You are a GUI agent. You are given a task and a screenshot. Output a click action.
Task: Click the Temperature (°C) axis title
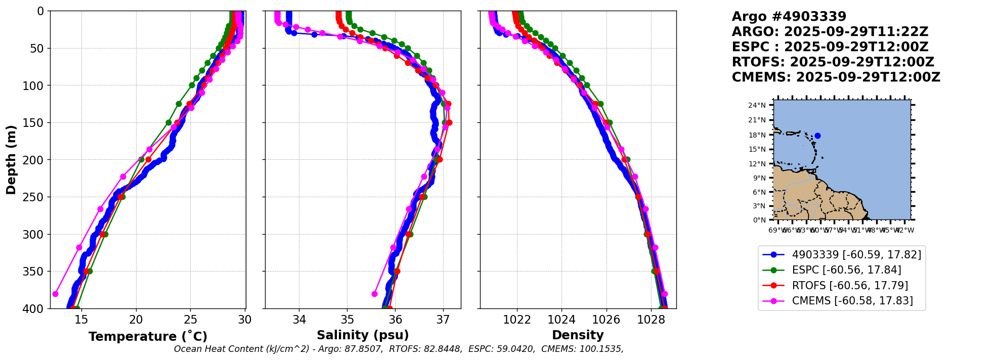coord(148,337)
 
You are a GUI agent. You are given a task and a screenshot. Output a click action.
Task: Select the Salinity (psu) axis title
coord(363,335)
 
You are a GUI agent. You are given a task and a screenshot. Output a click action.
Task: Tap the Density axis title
coord(578,335)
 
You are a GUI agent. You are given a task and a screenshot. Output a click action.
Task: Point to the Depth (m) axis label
coord(11,160)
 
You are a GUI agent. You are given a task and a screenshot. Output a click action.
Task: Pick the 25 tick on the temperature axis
coord(190,320)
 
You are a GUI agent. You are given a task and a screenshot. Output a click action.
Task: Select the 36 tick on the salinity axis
coord(395,320)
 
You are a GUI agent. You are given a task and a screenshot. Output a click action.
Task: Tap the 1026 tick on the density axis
coord(606,320)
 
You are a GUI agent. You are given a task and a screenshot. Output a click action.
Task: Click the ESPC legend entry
coord(846,270)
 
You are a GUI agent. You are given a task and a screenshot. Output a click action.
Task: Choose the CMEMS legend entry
coord(852,301)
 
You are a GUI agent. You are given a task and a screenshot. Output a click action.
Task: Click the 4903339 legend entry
coord(856,255)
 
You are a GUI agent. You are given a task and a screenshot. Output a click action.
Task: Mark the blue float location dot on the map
coord(817,136)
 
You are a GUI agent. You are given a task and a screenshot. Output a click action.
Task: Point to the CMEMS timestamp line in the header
coord(836,77)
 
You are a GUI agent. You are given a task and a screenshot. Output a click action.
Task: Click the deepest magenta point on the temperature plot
coord(55,294)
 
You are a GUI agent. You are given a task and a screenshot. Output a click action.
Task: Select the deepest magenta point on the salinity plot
coord(374,294)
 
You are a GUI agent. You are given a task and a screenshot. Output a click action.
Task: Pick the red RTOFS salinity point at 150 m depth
coord(449,122)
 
